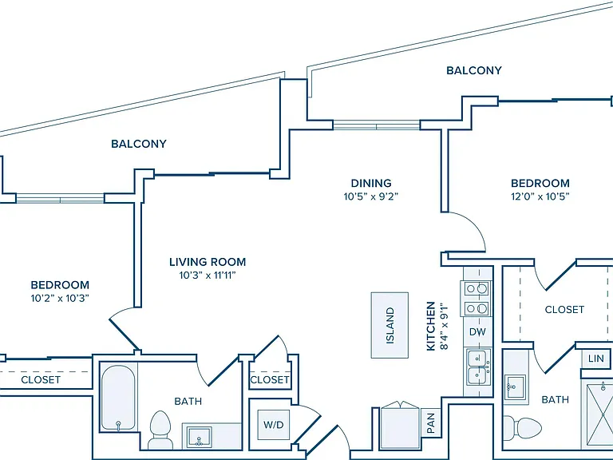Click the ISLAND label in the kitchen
coord(390,326)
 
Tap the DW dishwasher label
coord(477,332)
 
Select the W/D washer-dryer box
coord(274,425)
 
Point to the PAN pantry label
coord(431,423)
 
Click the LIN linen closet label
coord(595,359)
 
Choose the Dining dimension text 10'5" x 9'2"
coord(370,196)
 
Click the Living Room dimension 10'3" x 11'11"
coord(208,276)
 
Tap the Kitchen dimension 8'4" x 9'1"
coord(444,326)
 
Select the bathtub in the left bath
coord(118,399)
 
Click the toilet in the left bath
coord(160,430)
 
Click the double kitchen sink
coord(478,367)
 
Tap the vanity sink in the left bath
coord(199,437)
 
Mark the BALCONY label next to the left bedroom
coord(139,144)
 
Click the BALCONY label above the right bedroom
coord(474,70)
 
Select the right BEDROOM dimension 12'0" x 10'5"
coord(540,196)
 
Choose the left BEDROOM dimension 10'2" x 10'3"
coord(60,299)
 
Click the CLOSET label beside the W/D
coord(270,380)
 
